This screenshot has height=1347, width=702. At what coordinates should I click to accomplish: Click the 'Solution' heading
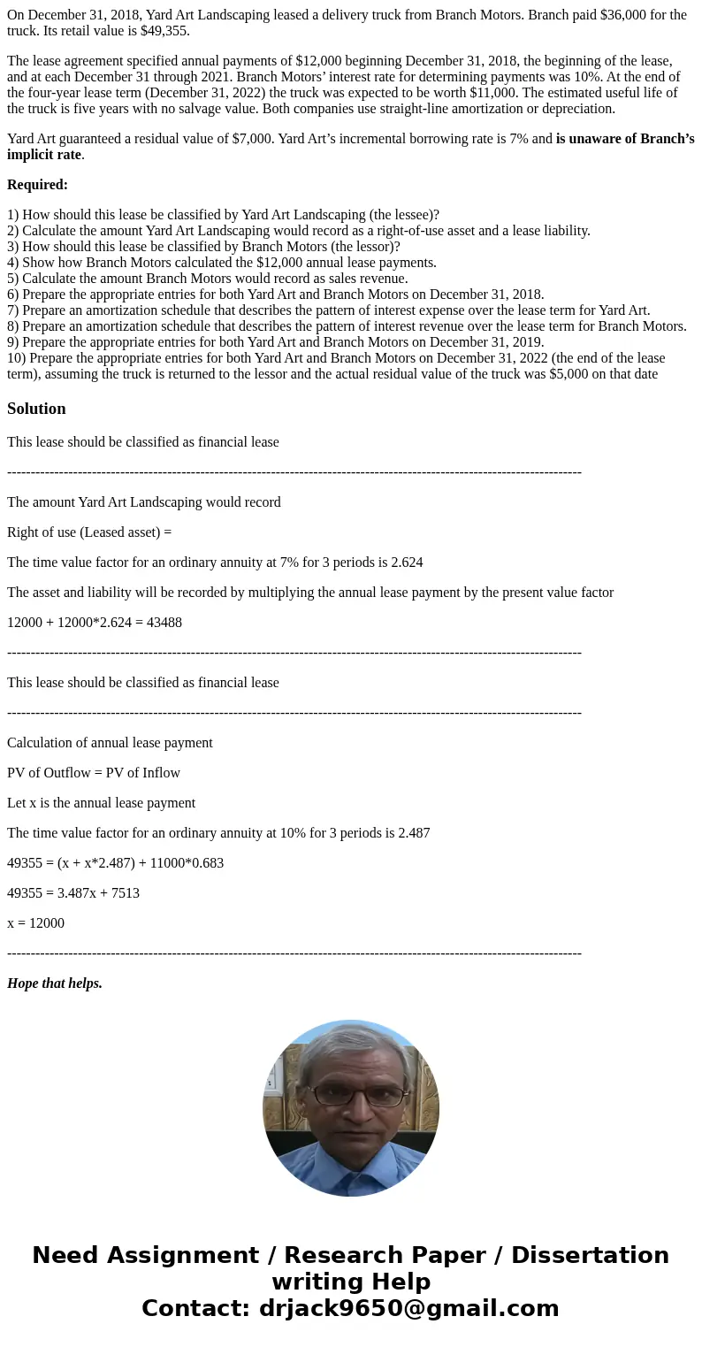(x=36, y=409)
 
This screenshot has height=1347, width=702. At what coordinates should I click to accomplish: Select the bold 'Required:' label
(x=37, y=185)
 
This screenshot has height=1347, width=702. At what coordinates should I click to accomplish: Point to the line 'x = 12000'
(x=35, y=922)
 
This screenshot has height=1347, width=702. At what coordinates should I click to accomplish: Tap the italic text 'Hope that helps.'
(x=55, y=983)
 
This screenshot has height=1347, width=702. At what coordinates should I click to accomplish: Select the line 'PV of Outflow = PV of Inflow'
(x=94, y=772)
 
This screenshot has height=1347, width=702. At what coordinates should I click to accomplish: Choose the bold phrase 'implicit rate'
(x=44, y=155)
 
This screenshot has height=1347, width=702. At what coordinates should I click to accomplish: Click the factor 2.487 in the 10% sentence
(x=412, y=832)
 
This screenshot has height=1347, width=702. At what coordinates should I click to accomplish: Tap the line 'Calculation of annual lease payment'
(x=110, y=742)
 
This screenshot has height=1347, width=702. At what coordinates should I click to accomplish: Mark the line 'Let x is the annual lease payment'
(x=101, y=802)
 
